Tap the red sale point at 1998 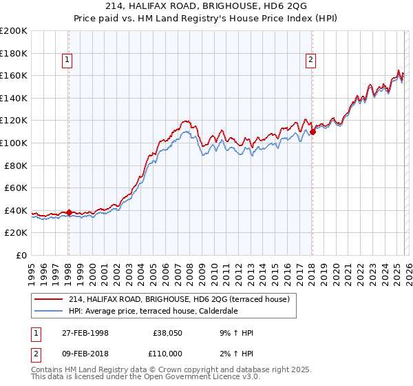point(69,212)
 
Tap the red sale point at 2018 point(313,132)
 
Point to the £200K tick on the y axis point(14,31)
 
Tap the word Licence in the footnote point(221,379)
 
